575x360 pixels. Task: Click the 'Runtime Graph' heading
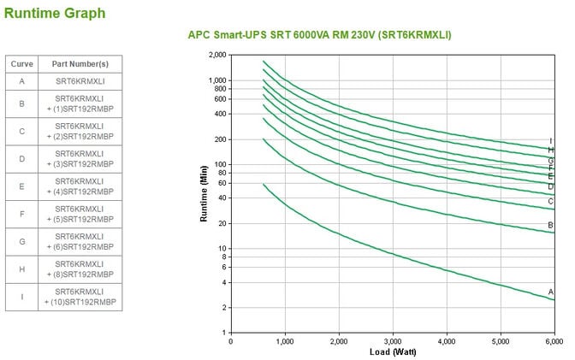pos(56,13)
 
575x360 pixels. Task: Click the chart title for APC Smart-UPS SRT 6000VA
pos(319,35)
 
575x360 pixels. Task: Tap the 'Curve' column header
pos(21,64)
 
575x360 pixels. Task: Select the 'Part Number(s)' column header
pos(80,64)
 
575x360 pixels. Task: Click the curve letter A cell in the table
pos(21,81)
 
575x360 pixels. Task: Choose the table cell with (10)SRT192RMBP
pos(80,297)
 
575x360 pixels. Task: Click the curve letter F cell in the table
pos(21,215)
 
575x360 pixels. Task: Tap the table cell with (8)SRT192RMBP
pos(80,269)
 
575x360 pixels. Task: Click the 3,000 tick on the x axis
pos(393,340)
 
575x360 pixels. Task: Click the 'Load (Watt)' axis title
pos(393,351)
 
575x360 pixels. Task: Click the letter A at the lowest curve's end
pos(551,292)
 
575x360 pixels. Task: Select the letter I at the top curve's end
pos(551,140)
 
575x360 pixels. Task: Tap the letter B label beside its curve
pos(551,225)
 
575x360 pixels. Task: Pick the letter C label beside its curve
pos(551,202)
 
